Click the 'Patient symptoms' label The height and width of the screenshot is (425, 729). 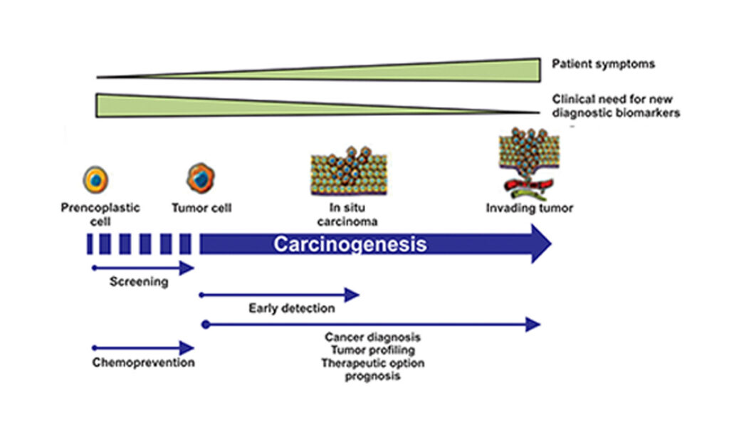point(603,64)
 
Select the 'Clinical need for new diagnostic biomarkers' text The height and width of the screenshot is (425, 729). point(616,106)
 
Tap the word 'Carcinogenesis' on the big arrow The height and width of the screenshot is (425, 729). point(350,244)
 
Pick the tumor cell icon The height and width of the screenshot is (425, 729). point(200,178)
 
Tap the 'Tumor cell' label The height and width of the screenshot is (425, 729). point(201,209)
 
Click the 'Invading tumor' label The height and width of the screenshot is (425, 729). point(529,209)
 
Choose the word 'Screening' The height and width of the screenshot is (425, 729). point(139,281)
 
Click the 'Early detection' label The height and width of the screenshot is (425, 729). point(291,308)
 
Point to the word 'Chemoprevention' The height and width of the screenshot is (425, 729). point(143,362)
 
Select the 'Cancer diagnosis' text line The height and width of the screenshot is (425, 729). point(372,337)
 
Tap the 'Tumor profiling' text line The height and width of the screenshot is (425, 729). point(372,350)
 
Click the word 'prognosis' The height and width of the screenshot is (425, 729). point(372,376)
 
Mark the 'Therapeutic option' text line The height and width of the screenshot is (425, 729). point(372,363)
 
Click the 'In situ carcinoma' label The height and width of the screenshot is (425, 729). point(347,214)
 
